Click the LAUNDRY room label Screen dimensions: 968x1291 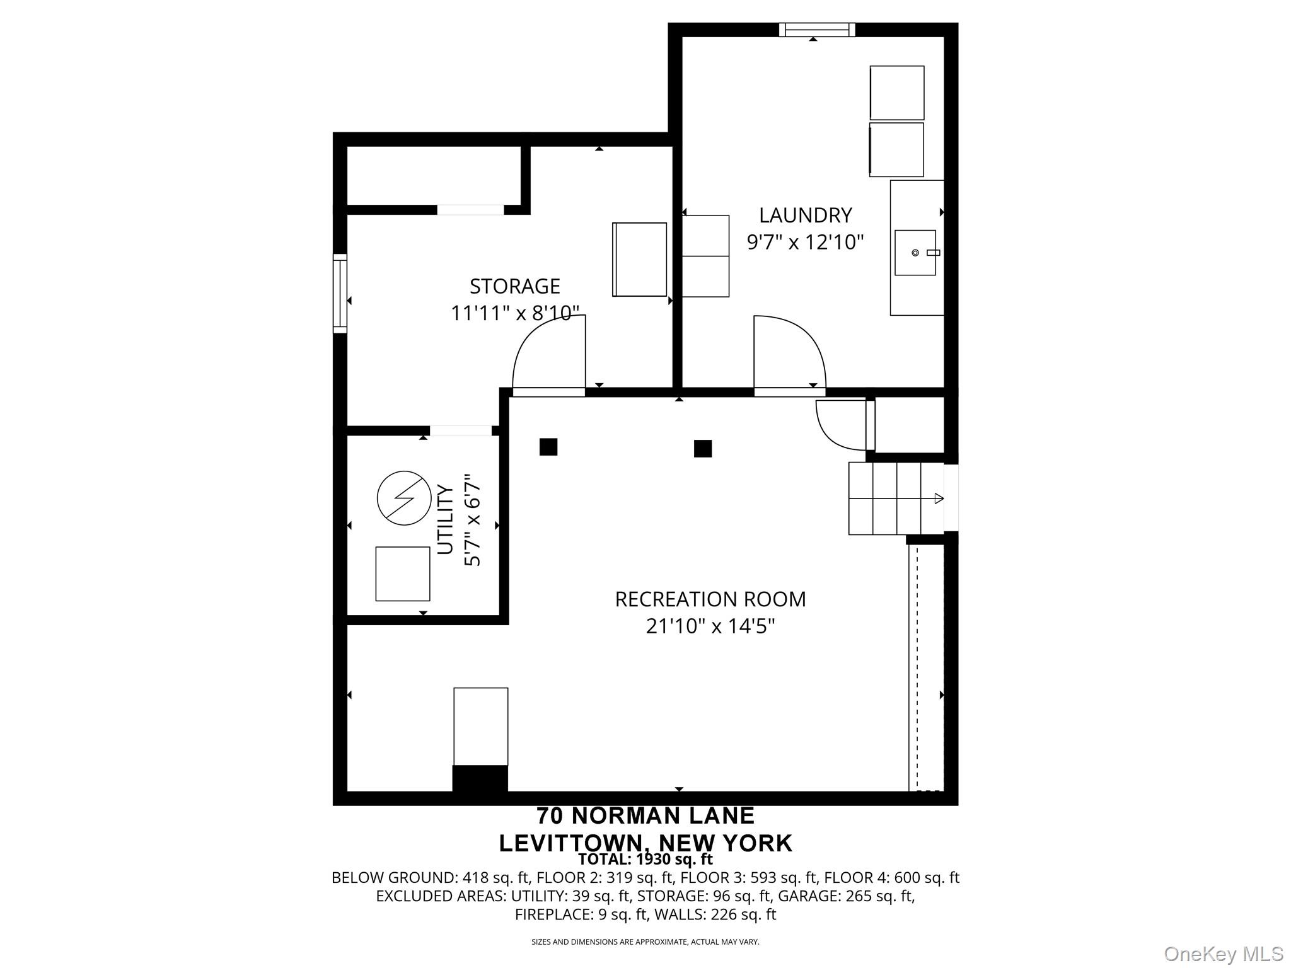[x=805, y=216]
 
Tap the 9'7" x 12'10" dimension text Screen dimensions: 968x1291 [x=805, y=242]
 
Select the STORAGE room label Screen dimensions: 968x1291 [x=514, y=286]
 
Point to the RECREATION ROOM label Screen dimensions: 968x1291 [x=710, y=599]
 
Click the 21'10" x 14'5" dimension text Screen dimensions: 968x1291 [x=710, y=626]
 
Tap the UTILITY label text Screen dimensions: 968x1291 [x=445, y=520]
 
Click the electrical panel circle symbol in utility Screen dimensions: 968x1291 [x=404, y=498]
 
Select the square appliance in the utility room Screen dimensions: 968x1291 [x=403, y=573]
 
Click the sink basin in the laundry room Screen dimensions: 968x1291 [x=915, y=253]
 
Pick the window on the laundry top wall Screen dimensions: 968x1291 [x=817, y=30]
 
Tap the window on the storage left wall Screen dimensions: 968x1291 [x=340, y=293]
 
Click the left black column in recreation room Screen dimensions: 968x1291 [x=548, y=447]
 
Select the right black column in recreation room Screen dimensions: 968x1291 [x=703, y=449]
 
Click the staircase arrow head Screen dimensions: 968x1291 [x=939, y=498]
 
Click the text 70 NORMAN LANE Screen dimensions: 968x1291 [x=645, y=815]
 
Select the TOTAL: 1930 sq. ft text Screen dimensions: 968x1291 [x=645, y=859]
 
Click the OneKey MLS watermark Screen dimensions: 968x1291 [x=1223, y=954]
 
